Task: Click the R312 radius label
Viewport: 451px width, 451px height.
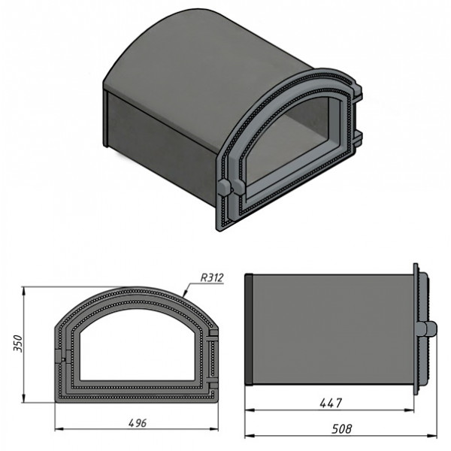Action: point(212,278)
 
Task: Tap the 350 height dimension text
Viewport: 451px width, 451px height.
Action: point(18,344)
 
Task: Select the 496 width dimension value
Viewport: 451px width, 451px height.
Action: point(138,423)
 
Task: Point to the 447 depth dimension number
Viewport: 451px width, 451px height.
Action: point(331,403)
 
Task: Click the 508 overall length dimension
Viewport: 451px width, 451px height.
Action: point(342,429)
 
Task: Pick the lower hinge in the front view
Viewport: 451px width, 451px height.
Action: point(213,386)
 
